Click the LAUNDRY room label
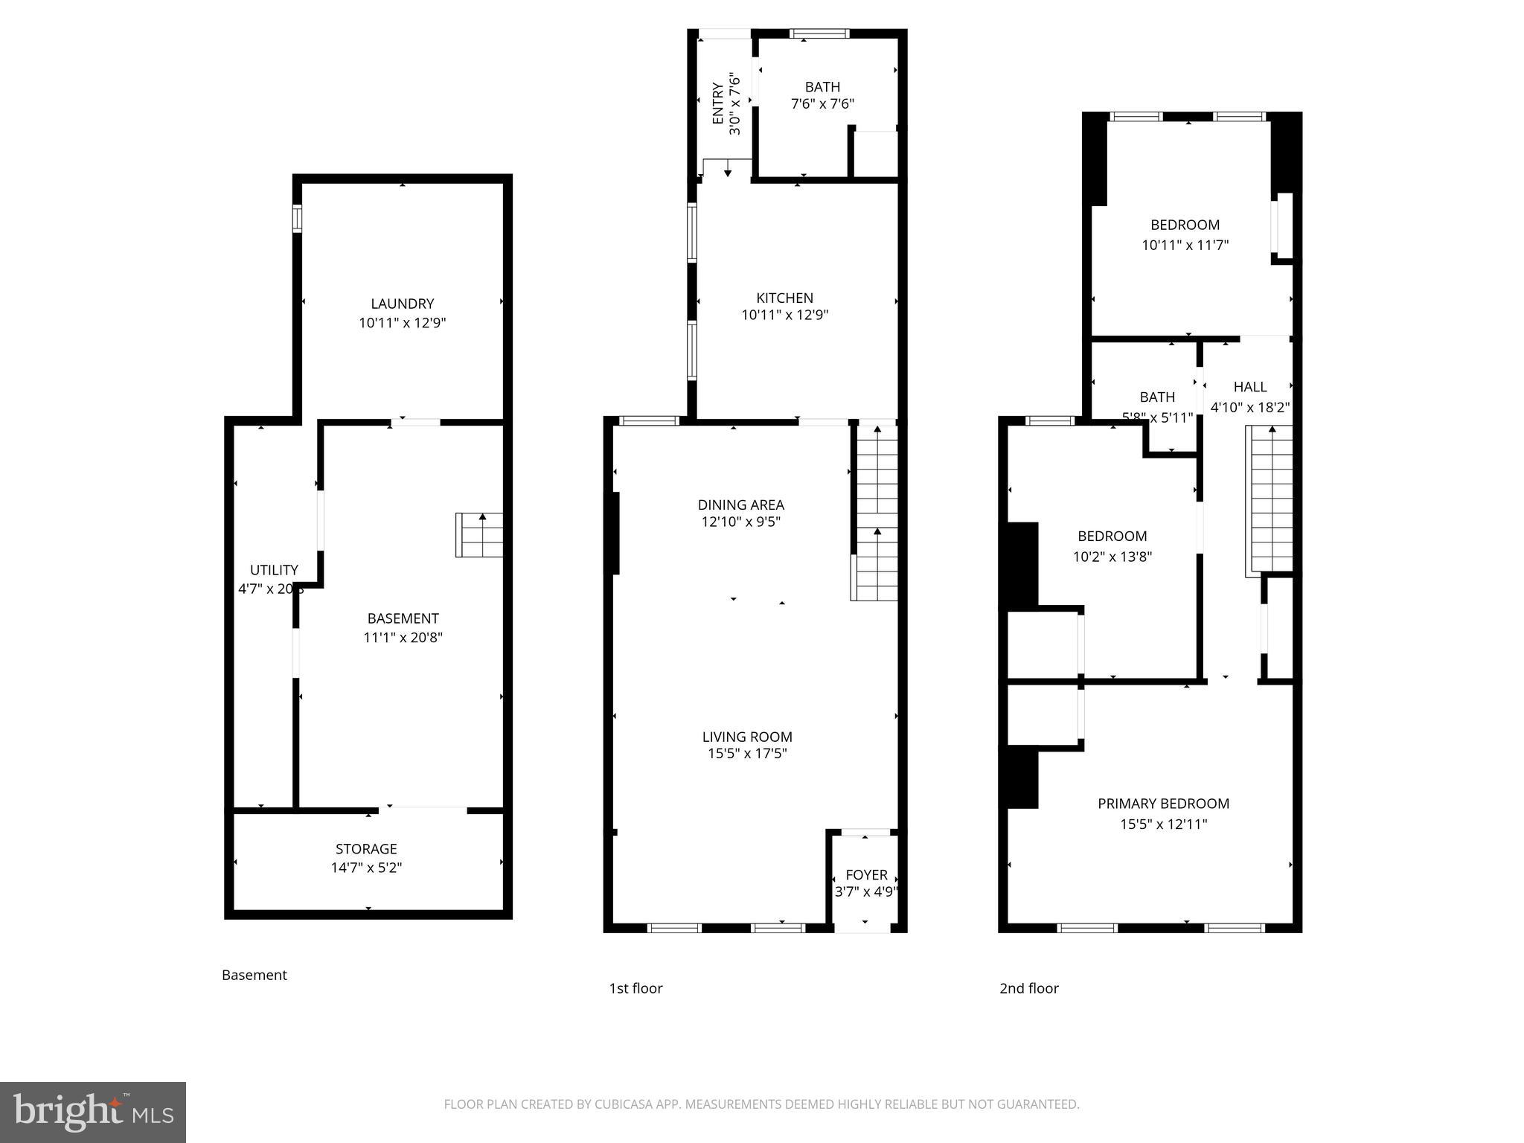pos(402,304)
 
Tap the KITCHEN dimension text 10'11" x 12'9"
pos(784,315)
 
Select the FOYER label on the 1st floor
pos(866,875)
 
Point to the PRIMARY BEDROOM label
pos(1163,804)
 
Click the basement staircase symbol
pos(479,535)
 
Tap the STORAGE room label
pos(366,849)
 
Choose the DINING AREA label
pos(740,505)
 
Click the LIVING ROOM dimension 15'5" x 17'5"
pos(747,754)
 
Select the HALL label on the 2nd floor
pos(1249,387)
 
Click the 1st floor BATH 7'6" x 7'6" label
pos(822,87)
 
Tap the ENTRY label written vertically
pos(718,103)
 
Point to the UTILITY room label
pos(274,570)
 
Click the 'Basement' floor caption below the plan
pos(254,975)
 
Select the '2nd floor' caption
pos(1028,988)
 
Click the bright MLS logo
pos(93,1112)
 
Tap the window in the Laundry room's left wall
pos(297,219)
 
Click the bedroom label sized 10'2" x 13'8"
pos(1112,537)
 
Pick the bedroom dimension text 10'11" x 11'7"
pos(1185,245)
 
